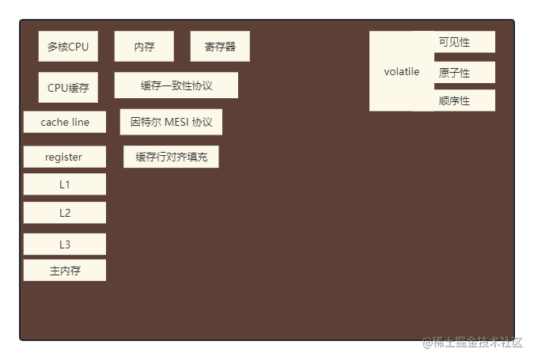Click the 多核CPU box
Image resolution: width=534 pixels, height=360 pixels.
pos(68,47)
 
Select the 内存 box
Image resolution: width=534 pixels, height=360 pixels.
pos(144,47)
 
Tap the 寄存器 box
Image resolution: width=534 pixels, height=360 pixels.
pos(220,47)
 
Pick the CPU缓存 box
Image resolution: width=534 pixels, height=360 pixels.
pos(68,88)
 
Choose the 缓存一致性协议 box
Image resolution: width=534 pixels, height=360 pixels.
pos(176,85)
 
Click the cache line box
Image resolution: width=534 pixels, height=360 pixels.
pos(65,123)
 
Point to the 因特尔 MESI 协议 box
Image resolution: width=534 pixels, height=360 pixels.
pos(171,123)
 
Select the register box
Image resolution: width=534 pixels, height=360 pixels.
pos(64,157)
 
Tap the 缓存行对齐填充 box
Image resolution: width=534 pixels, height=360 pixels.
pos(171,157)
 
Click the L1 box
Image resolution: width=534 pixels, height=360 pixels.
pos(64,184)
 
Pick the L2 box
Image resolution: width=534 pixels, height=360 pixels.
pos(64,213)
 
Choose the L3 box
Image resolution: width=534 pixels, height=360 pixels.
pos(64,244)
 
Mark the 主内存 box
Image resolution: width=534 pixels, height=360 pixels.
pos(64,271)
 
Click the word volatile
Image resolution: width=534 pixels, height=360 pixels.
pos(402,72)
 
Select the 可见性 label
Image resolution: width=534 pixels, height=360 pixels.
pos(454,42)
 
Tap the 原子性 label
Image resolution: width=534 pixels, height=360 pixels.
pos(454,73)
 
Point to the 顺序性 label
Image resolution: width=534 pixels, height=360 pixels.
pos(454,100)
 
